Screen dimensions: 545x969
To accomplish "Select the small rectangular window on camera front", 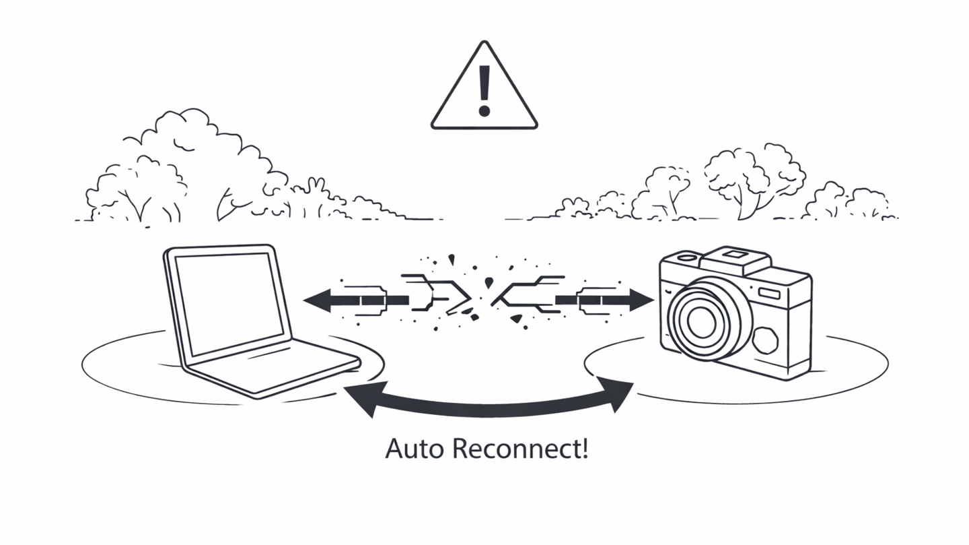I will click(x=769, y=293).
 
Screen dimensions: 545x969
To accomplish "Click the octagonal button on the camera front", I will click(x=765, y=340).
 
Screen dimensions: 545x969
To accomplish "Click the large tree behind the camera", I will click(x=754, y=175).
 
